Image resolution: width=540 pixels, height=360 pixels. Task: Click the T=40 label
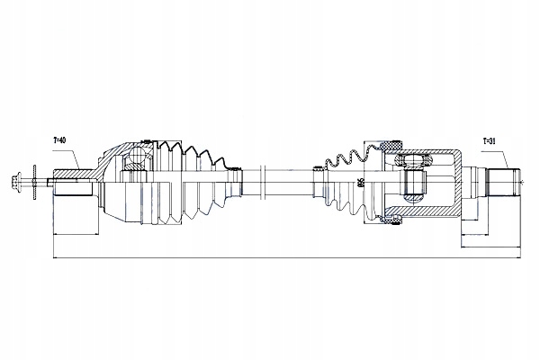pos(61,140)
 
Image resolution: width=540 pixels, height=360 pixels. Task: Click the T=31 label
pos(489,140)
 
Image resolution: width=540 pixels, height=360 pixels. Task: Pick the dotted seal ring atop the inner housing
pos(393,144)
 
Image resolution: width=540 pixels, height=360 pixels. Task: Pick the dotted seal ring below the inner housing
pos(393,218)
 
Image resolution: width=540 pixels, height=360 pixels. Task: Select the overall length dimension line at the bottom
pos(270,260)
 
